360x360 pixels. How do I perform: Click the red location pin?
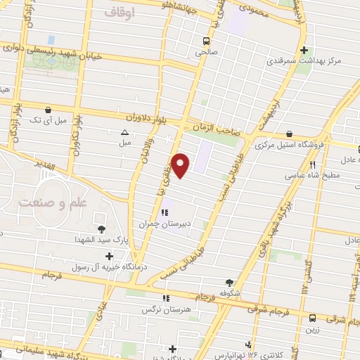point(181,166)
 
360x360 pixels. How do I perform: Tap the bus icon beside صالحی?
point(205,41)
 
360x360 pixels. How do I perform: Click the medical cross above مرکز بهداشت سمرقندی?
point(304,51)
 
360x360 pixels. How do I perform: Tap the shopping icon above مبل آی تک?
point(47,110)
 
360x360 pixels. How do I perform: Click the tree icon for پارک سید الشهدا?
point(102,229)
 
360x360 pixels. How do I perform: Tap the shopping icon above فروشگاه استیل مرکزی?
point(290,134)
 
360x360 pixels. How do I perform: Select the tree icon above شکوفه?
point(227,281)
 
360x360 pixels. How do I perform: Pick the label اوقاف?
point(118,12)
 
